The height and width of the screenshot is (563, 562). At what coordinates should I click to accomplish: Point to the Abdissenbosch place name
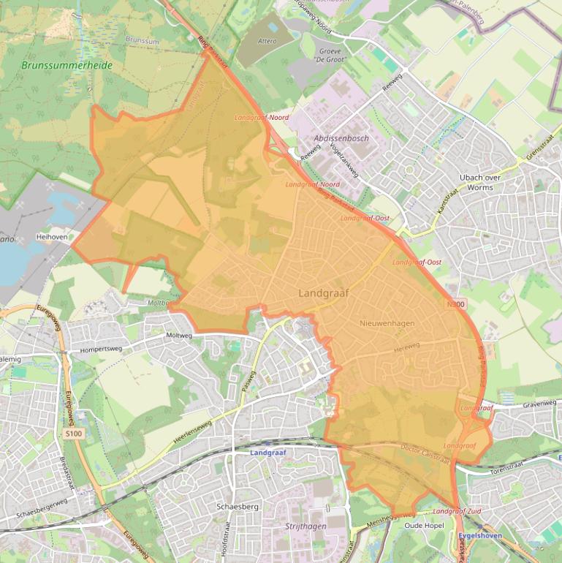[x=341, y=138]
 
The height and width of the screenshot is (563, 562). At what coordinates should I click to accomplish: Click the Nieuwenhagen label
[x=388, y=322]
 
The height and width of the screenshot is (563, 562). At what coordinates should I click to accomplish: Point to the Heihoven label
[x=51, y=238]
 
